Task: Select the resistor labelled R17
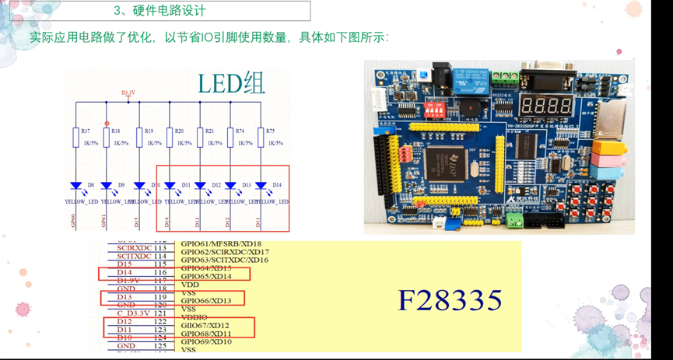point(75,137)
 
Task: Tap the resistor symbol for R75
point(260,137)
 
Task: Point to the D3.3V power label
point(128,93)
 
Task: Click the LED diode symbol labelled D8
point(75,186)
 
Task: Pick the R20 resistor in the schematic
point(169,137)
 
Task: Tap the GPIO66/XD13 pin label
point(205,301)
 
